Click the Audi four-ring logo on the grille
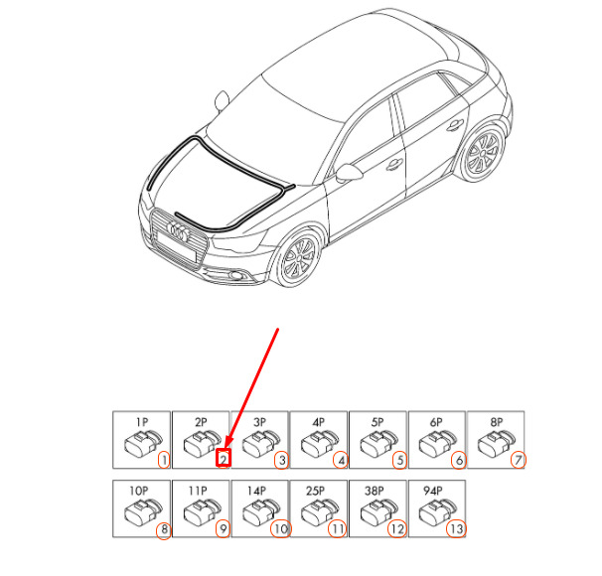pyautogui.click(x=179, y=231)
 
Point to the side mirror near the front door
pyautogui.click(x=349, y=173)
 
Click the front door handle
pyautogui.click(x=394, y=164)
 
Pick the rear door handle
pyautogui.click(x=455, y=125)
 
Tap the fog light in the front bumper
pyautogui.click(x=235, y=275)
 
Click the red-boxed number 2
pyautogui.click(x=224, y=458)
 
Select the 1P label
pyautogui.click(x=142, y=422)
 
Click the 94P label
pyautogui.click(x=433, y=491)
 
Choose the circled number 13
pyautogui.click(x=456, y=529)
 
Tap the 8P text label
pyautogui.click(x=496, y=422)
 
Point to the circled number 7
pyautogui.click(x=519, y=460)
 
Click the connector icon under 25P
pyautogui.click(x=318, y=511)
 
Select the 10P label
pyautogui.click(x=139, y=491)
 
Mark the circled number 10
pyautogui.click(x=281, y=529)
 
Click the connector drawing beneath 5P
pyautogui.click(x=376, y=444)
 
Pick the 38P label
pyautogui.click(x=375, y=491)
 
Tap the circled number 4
pyautogui.click(x=341, y=460)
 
